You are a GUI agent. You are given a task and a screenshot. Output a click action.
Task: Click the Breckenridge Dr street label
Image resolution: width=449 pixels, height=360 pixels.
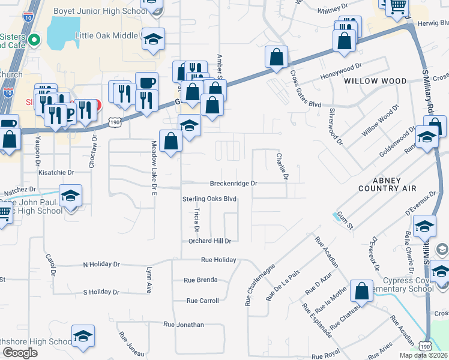[233, 184]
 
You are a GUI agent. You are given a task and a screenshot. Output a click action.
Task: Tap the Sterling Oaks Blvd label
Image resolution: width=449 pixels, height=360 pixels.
[209, 199]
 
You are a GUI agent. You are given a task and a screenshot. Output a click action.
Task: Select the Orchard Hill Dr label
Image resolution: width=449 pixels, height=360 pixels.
[206, 241]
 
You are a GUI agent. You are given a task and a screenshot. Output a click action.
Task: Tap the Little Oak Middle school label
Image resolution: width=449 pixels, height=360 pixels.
[106, 35]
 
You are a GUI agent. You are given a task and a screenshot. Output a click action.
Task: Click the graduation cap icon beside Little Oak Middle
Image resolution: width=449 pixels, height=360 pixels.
[154, 40]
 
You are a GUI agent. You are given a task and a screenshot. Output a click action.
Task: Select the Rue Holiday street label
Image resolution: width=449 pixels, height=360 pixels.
[218, 260]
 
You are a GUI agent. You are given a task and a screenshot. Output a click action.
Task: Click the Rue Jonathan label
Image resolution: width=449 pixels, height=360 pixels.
[184, 325]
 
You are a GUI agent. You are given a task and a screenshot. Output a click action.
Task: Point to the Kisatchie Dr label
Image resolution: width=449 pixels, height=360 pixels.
[56, 172]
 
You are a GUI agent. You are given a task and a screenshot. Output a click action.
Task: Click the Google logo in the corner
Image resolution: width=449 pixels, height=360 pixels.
[20, 353]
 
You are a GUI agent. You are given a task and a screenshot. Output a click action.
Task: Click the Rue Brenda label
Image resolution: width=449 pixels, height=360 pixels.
[200, 280]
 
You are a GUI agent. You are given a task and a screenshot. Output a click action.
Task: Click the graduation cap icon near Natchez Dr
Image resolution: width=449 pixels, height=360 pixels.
[71, 196]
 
